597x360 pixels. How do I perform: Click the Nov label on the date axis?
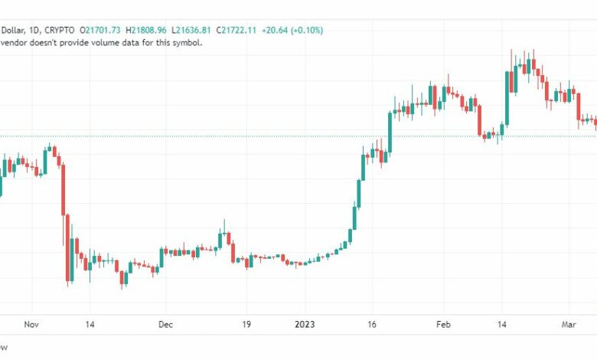click(x=31, y=324)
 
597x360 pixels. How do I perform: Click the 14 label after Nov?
click(x=90, y=324)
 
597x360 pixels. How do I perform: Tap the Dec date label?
click(x=166, y=324)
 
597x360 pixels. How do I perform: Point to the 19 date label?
click(x=246, y=324)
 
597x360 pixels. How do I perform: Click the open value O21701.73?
click(x=101, y=31)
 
